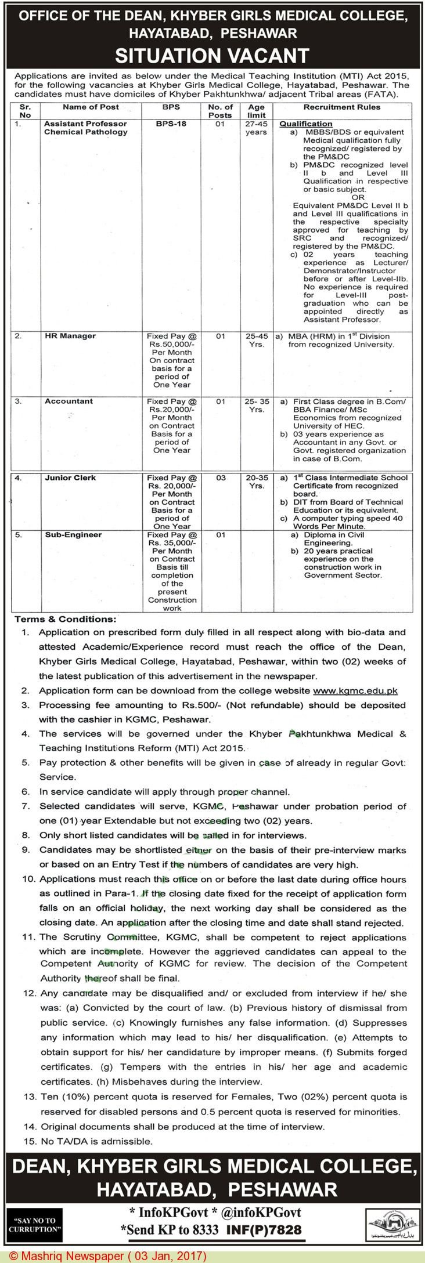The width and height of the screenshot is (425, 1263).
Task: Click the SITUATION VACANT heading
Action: (x=212, y=55)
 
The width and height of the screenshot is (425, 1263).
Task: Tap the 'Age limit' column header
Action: (x=256, y=111)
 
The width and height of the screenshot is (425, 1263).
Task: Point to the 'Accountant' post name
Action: (x=69, y=401)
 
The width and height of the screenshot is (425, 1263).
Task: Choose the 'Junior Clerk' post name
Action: (x=70, y=477)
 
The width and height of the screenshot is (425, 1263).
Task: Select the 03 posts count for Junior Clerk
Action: (x=220, y=477)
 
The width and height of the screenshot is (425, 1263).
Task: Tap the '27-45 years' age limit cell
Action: (x=256, y=128)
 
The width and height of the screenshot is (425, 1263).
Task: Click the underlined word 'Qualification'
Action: (x=306, y=124)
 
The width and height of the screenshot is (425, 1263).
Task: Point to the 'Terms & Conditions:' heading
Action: (x=65, y=620)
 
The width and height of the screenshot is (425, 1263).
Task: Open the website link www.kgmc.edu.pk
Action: (x=355, y=690)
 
